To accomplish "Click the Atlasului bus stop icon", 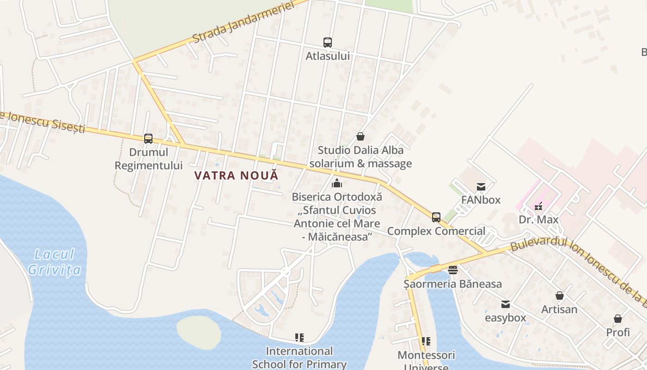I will [328, 43].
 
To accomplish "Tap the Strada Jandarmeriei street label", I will [244, 22].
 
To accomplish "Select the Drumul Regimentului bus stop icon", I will [148, 138].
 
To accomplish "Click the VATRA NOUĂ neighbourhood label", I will [237, 176].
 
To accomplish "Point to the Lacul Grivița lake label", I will [55, 262].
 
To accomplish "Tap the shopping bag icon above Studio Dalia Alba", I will [360, 136].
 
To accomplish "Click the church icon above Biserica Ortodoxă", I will [337, 183].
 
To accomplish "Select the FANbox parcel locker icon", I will [481, 187].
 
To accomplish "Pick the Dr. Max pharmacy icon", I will [538, 206].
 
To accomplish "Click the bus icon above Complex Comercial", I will [436, 217].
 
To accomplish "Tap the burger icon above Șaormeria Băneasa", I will [453, 270].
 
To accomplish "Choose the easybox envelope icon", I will [506, 304].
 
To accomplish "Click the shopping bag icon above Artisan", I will [559, 296].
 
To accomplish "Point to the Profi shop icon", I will [618, 319].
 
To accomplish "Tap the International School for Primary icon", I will [299, 338].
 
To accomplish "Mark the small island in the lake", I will [199, 332].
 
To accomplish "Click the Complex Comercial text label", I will [436, 231].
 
